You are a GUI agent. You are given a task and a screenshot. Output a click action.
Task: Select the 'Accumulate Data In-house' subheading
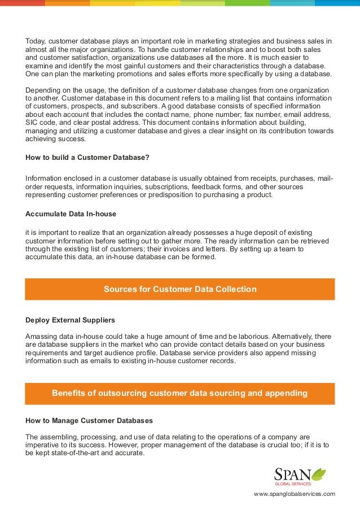pos(71,214)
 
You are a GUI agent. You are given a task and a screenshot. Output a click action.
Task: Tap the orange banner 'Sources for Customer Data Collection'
pos(180,289)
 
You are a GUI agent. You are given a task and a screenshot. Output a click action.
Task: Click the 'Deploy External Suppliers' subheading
pos(71,320)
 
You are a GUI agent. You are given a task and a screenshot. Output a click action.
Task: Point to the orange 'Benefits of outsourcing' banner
pos(180,393)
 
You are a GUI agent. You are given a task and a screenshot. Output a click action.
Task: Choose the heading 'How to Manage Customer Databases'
pos(89,421)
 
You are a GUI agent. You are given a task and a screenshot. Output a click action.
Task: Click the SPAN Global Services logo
pos(300,476)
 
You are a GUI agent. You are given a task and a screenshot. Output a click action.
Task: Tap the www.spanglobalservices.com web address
pos(295,494)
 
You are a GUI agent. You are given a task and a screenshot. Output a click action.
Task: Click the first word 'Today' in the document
pos(36,41)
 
